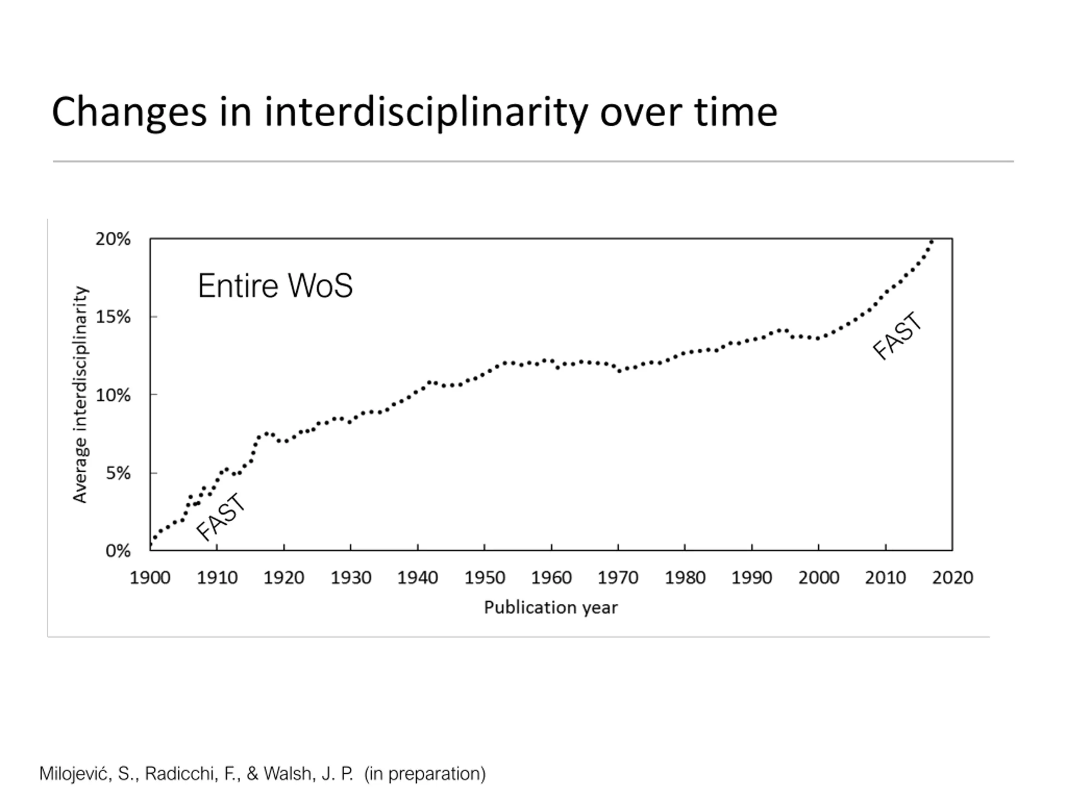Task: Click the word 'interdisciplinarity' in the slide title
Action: point(426,112)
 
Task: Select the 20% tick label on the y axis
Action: point(113,239)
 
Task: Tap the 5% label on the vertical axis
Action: point(118,473)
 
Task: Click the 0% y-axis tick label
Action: point(118,551)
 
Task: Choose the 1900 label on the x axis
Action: point(150,577)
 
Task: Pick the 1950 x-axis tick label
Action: point(484,577)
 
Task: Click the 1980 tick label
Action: point(685,577)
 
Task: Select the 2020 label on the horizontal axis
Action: point(952,577)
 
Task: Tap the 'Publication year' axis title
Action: point(551,607)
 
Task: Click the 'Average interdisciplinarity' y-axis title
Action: point(80,395)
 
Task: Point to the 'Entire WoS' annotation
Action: point(275,285)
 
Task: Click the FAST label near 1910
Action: point(221,517)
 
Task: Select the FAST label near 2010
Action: point(898,336)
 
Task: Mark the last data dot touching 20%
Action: point(932,242)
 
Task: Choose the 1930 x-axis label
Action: point(351,577)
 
